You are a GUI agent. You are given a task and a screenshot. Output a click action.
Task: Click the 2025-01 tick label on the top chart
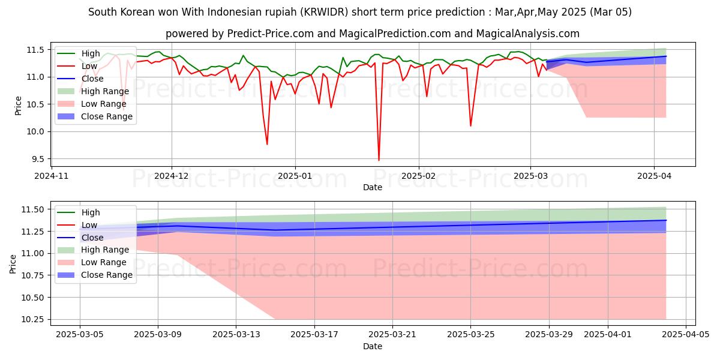point(295,176)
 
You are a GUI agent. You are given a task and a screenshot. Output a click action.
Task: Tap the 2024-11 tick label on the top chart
point(52,176)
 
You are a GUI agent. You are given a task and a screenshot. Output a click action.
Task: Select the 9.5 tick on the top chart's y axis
point(38,159)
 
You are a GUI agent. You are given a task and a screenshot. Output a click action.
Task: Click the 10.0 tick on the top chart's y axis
point(38,131)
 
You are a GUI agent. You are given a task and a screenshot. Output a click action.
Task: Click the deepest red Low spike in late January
point(379,160)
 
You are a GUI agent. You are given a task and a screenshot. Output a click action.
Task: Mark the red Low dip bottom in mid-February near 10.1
point(470,125)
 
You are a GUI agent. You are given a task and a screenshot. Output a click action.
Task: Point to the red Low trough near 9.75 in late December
point(267,144)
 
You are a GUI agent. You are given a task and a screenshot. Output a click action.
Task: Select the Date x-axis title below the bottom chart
point(373,346)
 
